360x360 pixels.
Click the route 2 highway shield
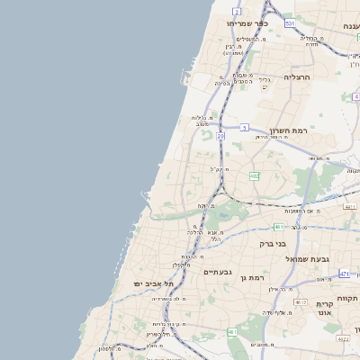coord(236,12)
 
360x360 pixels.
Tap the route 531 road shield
coord(289,22)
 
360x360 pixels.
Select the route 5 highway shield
coord(244,128)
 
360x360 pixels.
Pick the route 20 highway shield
coord(220,136)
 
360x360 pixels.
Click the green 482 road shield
coord(254,176)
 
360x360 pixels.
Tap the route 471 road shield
coord(345,273)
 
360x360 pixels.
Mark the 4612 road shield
coord(301,302)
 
